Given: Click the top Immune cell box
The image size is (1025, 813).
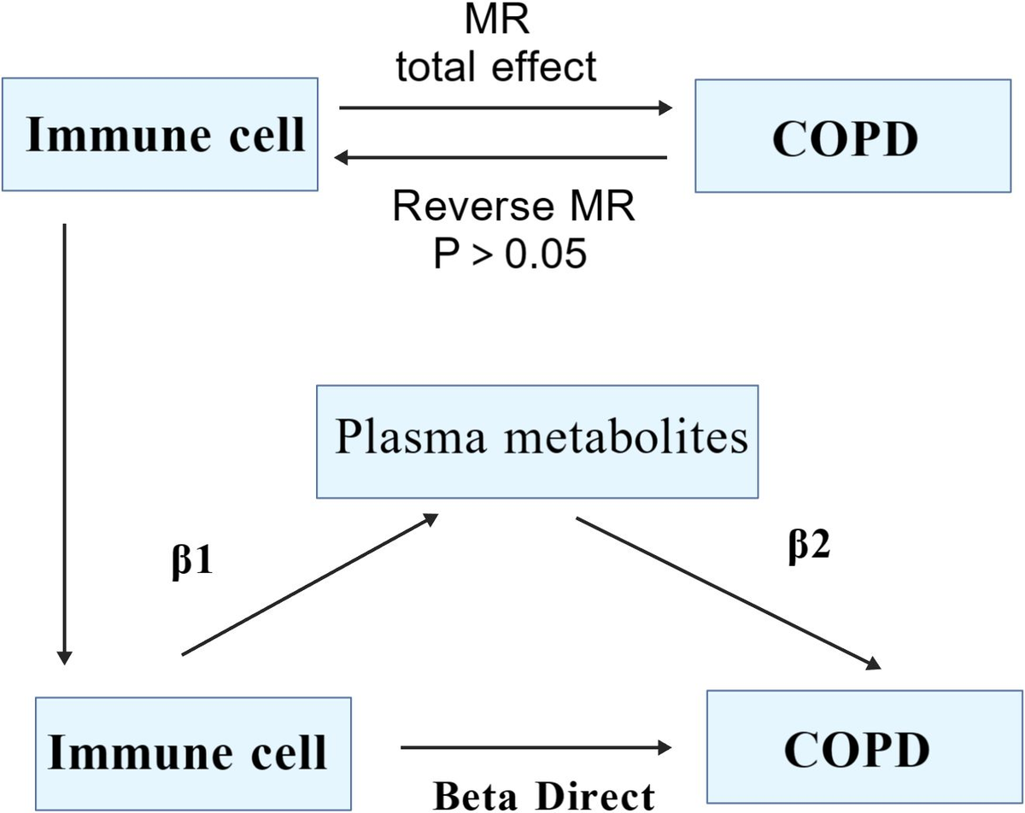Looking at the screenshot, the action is [160, 134].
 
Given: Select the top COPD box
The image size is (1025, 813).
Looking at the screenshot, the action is [853, 136].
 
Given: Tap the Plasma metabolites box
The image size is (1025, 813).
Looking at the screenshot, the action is [537, 442].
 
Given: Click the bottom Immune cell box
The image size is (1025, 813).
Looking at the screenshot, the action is [193, 754].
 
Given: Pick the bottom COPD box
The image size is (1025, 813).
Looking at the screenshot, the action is [865, 746].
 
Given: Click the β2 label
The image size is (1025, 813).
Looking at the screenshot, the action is [809, 547].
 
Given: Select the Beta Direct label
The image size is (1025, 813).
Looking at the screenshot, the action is [544, 796].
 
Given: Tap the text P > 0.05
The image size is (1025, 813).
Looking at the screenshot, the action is [510, 254].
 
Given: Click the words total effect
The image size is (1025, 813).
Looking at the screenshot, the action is [496, 67].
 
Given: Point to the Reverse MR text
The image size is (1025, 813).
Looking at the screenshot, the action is [514, 206].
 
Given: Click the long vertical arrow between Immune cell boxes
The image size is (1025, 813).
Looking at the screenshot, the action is [64, 444].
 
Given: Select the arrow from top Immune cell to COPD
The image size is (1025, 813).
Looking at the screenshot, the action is [506, 108].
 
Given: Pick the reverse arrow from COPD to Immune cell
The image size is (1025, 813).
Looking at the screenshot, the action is [501, 157].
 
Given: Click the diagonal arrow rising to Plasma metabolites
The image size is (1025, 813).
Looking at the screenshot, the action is [310, 584].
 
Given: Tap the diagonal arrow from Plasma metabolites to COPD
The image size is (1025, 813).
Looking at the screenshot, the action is [729, 594].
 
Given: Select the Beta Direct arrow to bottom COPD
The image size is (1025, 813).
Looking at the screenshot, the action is [536, 747].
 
